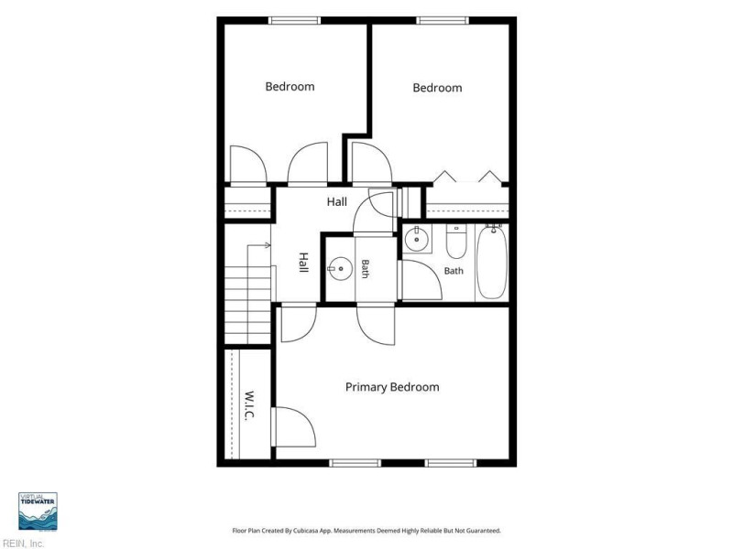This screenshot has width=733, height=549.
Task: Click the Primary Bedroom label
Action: click(392, 387)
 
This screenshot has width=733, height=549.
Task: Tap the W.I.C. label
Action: click(249, 405)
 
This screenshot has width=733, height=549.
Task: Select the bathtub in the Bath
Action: click(491, 263)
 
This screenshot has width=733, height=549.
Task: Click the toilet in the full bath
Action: click(455, 242)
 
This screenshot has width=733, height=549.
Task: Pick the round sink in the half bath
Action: click(340, 269)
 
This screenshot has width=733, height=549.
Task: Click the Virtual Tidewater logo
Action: click(38, 511)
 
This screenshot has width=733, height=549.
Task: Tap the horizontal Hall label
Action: click(336, 201)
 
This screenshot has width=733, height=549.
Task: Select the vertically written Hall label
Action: click(303, 263)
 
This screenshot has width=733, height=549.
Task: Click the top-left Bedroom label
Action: click(290, 86)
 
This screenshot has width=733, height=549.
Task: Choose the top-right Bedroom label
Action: click(438, 88)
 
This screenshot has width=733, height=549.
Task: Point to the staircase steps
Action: click(247, 305)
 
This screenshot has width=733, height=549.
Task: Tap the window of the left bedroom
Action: click(294, 20)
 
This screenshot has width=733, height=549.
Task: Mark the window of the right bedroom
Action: click(443, 20)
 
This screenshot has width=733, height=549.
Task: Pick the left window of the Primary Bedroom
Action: click(356, 463)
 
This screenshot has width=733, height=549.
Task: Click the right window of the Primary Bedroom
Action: click(451, 463)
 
